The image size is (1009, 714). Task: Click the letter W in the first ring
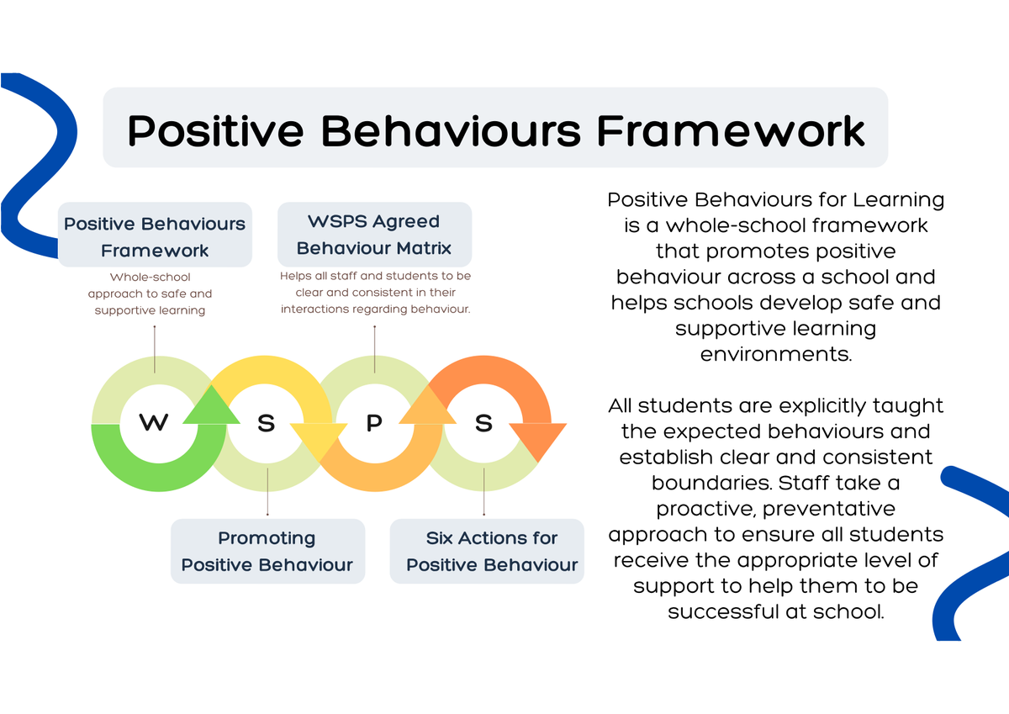point(154,422)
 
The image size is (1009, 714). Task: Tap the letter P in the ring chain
point(374,422)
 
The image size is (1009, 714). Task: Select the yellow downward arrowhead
point(319,440)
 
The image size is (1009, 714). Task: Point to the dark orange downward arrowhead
point(537,440)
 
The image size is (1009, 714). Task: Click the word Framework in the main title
point(731,130)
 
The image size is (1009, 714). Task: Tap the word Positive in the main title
point(216,130)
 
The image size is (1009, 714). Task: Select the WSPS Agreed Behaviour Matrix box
point(374,235)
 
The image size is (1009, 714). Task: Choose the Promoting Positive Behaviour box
point(267,551)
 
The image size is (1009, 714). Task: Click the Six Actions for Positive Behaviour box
point(487,551)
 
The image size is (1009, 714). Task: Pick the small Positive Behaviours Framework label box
point(155,235)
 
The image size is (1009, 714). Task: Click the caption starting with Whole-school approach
point(150,294)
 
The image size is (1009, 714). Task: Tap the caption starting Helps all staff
point(375,293)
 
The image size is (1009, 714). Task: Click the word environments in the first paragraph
point(775,354)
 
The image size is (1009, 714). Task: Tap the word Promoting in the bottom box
point(267,538)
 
